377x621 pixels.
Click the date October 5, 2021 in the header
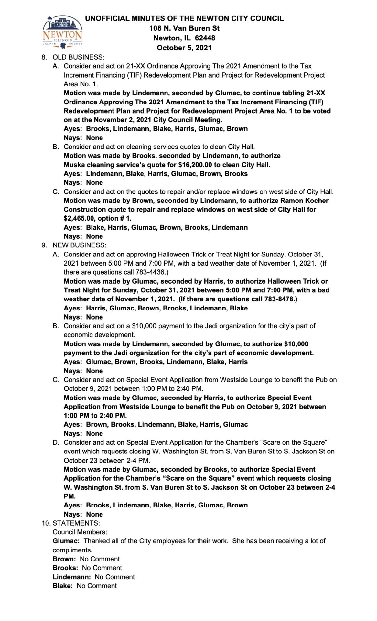click(184, 48)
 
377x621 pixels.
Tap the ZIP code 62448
click(205, 38)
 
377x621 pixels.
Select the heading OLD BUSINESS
click(78, 57)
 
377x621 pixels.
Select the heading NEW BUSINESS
click(79, 245)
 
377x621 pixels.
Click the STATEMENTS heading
click(76, 523)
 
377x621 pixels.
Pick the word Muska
click(74, 165)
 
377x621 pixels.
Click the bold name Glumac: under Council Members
click(66, 541)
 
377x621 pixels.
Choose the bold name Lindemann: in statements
click(71, 577)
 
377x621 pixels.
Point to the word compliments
click(72, 550)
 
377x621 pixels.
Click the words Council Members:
click(80, 532)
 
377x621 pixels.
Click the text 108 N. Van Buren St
click(184, 28)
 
